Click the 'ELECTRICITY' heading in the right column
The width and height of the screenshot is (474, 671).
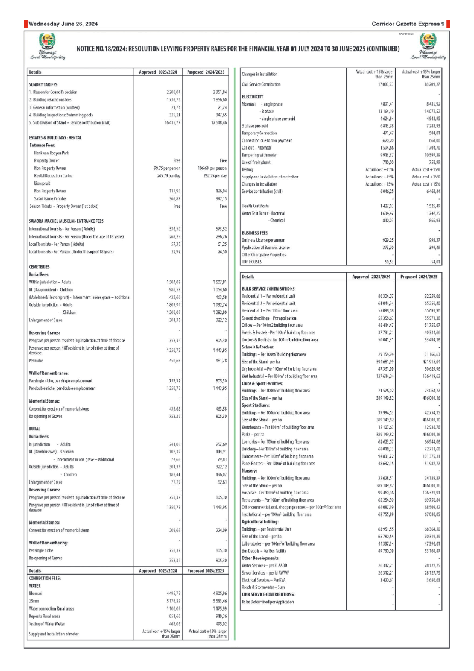253,96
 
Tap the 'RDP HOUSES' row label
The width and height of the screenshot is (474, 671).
254,262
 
